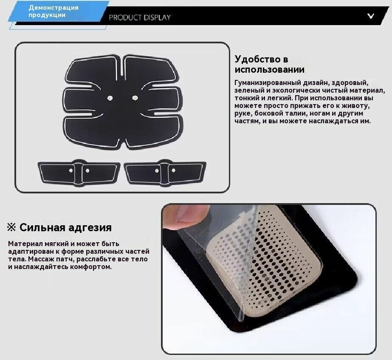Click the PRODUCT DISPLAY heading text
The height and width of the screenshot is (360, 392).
(x=140, y=17)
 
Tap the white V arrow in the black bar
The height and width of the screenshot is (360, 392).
(x=371, y=16)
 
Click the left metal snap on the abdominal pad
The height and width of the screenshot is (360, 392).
(x=110, y=98)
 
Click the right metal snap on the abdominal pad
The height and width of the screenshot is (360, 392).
(x=135, y=98)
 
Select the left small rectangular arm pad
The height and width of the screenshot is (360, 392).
(x=79, y=173)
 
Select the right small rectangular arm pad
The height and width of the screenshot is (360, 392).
(x=165, y=173)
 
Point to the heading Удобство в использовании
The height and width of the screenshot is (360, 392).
(x=270, y=64)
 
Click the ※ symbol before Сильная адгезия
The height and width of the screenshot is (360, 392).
(x=11, y=227)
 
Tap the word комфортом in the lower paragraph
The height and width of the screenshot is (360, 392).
(x=91, y=267)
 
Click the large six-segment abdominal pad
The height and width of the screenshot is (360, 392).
(x=122, y=101)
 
